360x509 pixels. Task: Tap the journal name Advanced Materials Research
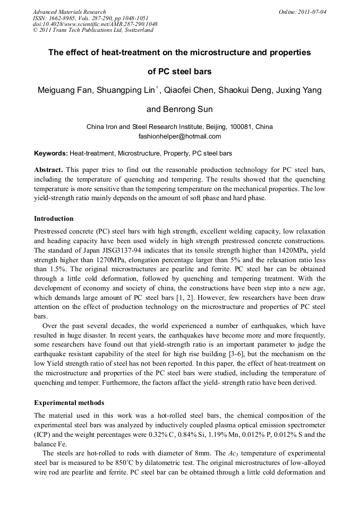click(x=69, y=11)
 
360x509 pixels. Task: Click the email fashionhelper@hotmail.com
click(x=179, y=136)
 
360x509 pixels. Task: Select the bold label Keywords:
click(x=51, y=153)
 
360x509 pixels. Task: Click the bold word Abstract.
click(x=48, y=170)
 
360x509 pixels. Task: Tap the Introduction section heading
click(x=54, y=219)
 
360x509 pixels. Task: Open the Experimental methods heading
click(x=69, y=402)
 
